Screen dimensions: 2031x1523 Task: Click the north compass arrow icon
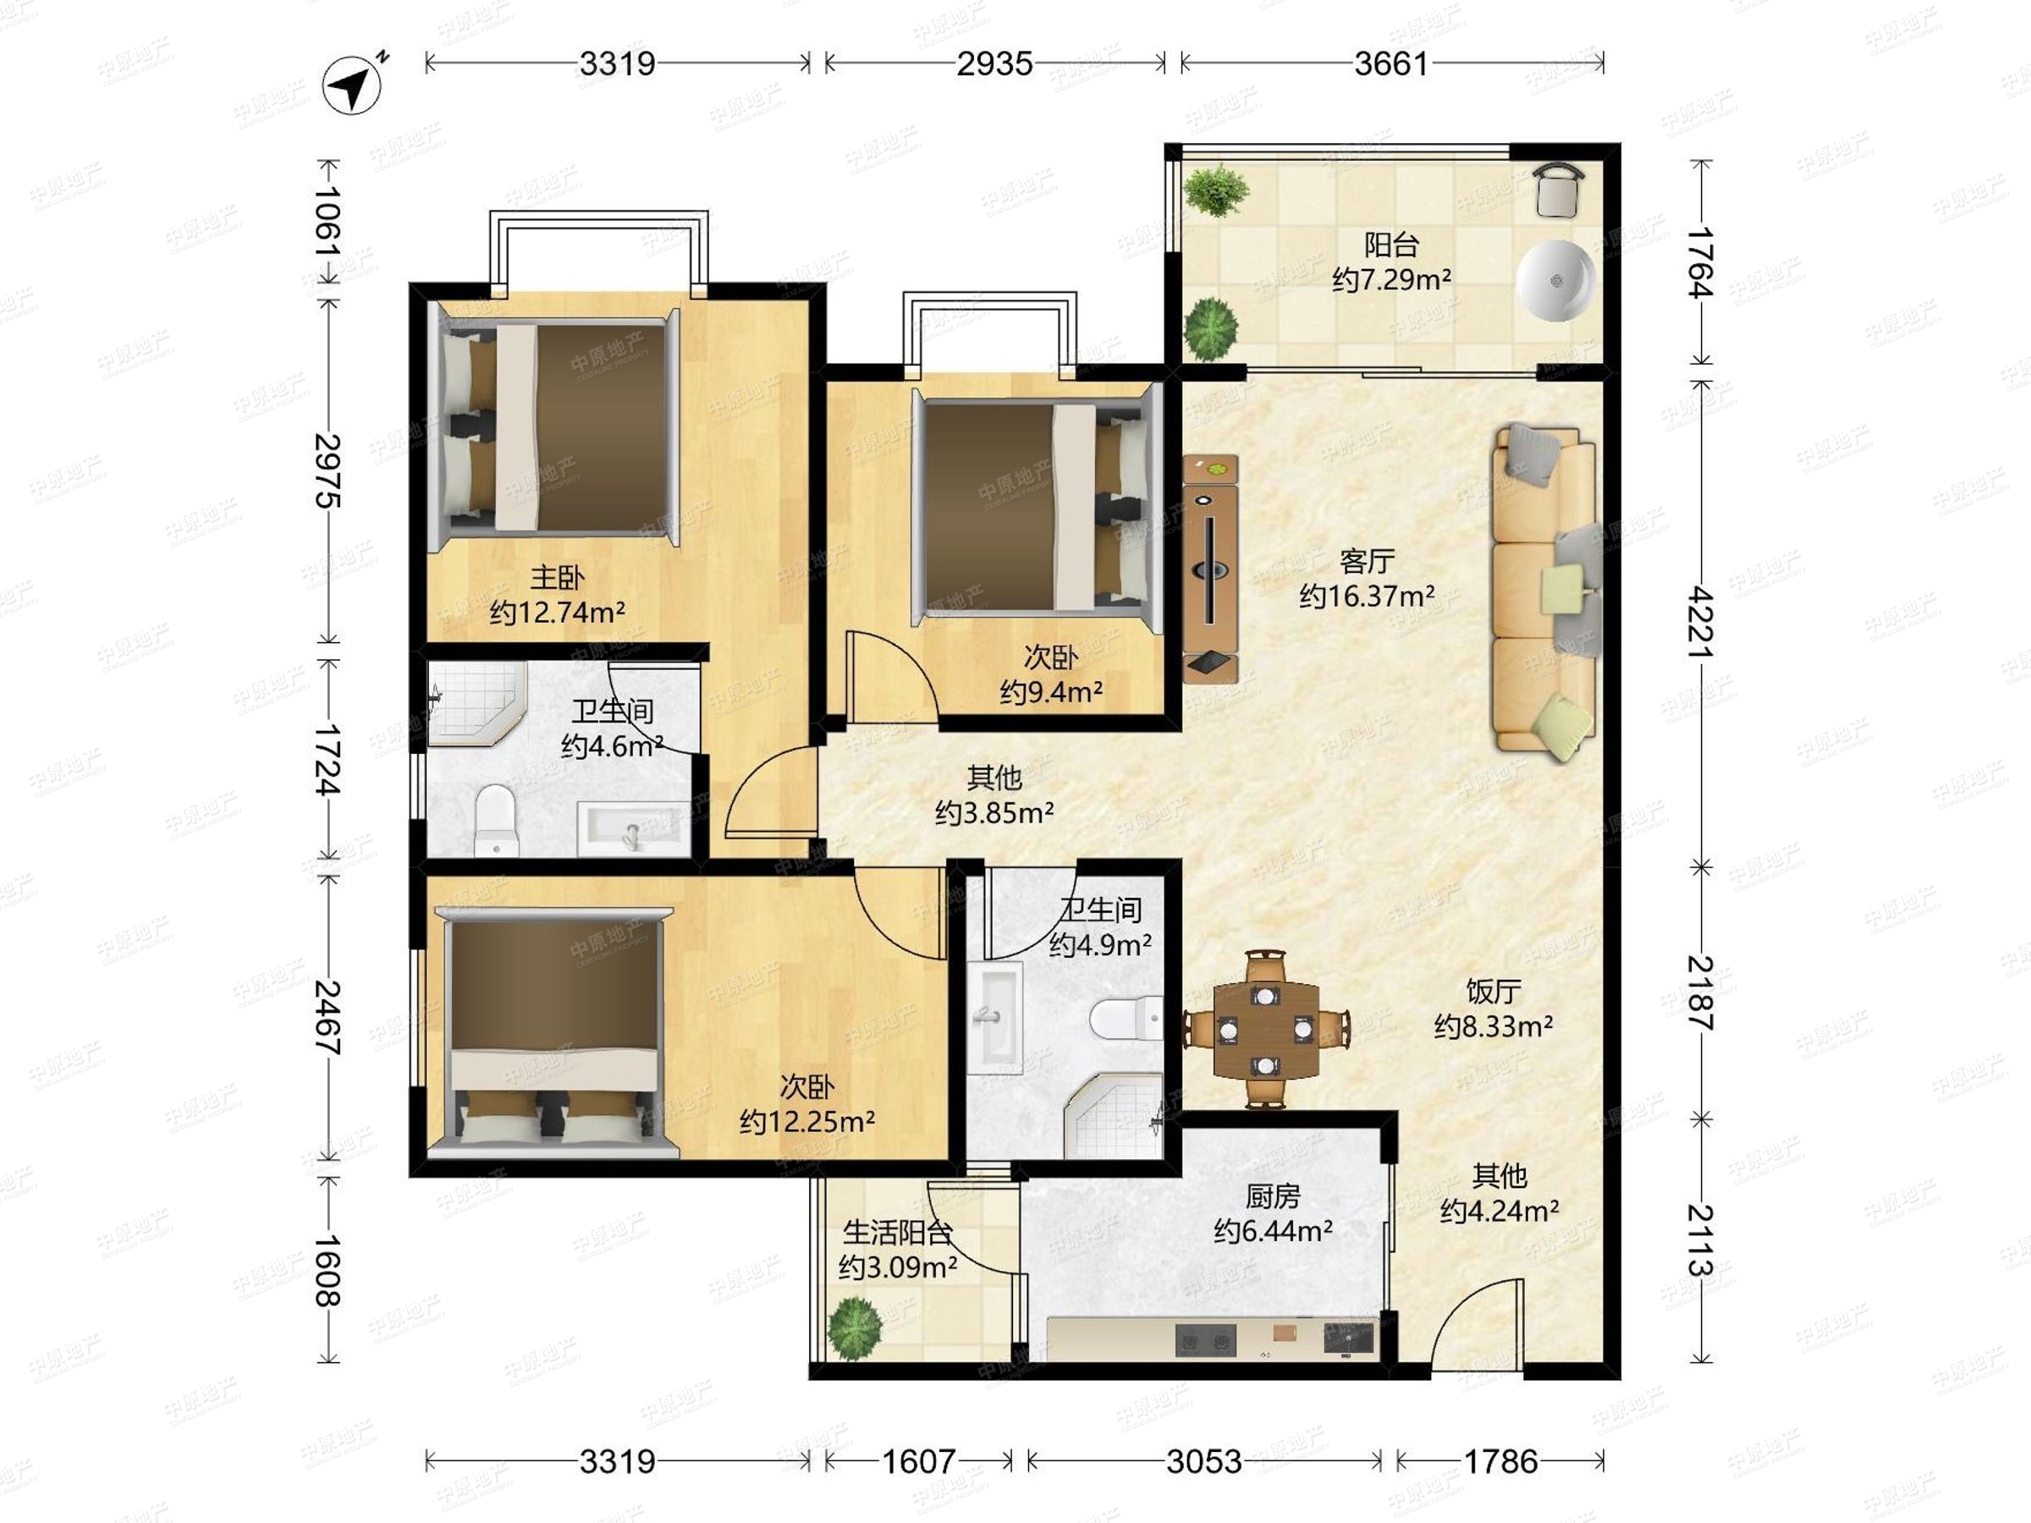[x=353, y=86]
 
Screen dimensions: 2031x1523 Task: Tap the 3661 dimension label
[x=1391, y=63]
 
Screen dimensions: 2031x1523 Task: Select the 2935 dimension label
[x=994, y=63]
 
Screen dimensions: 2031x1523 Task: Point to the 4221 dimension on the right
[x=1700, y=622]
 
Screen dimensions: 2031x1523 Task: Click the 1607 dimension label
[x=918, y=1460]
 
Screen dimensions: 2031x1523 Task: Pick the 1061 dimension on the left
[x=327, y=223]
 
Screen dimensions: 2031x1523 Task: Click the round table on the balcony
[x=1555, y=280]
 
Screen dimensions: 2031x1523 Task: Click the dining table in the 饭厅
[x=1266, y=1029]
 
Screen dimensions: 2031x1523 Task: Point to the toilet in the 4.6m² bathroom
[x=496, y=820]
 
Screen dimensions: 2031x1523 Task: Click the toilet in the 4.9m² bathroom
[x=1126, y=1019]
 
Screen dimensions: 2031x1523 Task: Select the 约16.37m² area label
[x=1366, y=597]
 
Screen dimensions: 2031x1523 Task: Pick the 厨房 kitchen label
[x=1273, y=1196]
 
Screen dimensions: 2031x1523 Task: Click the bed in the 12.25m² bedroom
[x=553, y=1030]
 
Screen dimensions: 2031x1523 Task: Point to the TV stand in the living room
[x=1210, y=569]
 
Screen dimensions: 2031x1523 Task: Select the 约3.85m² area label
[x=994, y=813]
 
